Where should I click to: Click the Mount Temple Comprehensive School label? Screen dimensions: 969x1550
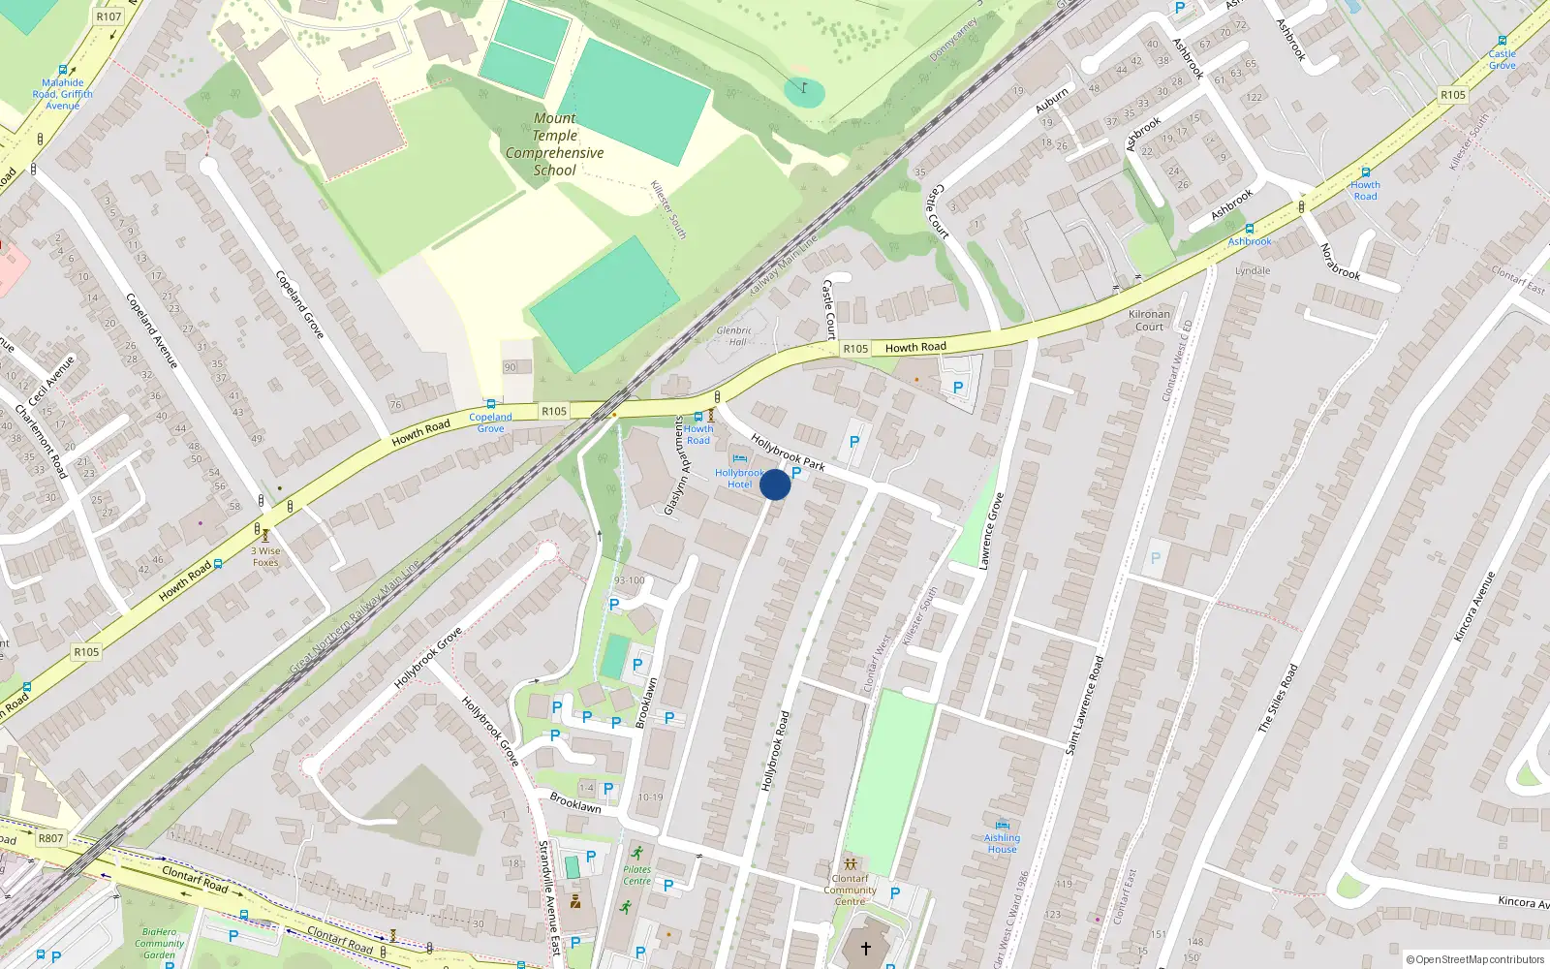[554, 144]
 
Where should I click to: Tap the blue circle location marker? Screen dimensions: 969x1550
[775, 484]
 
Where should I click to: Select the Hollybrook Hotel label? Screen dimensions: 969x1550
[739, 479]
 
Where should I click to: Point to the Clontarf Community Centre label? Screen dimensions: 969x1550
[850, 890]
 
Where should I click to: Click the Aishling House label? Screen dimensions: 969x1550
[1002, 843]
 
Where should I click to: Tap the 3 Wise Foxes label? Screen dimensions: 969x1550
[265, 556]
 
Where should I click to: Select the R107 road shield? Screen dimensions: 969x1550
[108, 16]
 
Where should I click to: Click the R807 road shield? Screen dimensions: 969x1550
[50, 838]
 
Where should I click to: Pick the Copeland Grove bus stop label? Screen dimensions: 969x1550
[490, 422]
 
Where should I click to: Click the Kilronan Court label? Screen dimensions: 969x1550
[1149, 320]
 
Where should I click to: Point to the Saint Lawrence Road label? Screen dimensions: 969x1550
[1084, 705]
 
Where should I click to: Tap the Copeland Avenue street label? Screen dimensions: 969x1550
[152, 330]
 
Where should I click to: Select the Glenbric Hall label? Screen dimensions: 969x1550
[734, 335]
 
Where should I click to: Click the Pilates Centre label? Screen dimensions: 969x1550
[636, 875]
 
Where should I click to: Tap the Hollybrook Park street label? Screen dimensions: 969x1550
[788, 453]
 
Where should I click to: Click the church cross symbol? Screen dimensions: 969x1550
[865, 948]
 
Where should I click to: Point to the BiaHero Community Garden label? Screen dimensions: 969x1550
[159, 943]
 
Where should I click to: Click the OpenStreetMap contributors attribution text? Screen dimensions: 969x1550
[1475, 959]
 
